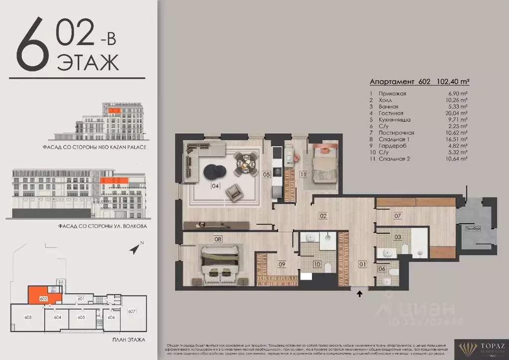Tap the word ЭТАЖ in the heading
[x=88, y=63]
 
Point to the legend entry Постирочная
[x=397, y=133]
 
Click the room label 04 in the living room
[x=215, y=186]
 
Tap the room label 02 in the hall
[x=323, y=216]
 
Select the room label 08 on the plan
[x=217, y=239]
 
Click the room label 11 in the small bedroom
[x=303, y=175]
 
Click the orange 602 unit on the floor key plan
[x=44, y=296]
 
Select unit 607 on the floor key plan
[x=132, y=311]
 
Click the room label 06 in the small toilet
[x=381, y=269]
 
